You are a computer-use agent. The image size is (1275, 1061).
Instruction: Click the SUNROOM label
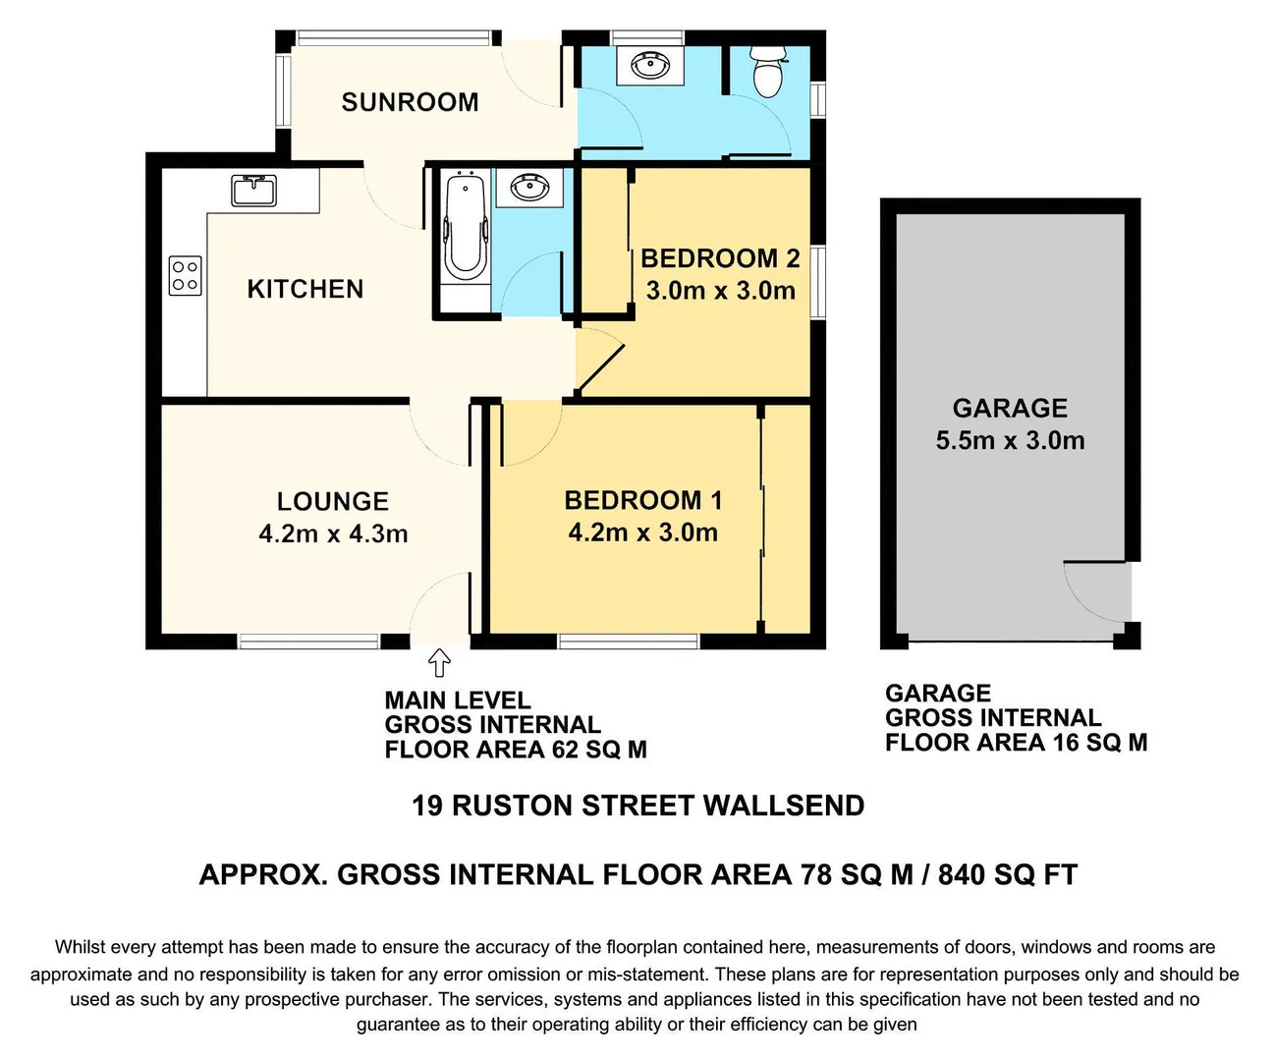tap(410, 102)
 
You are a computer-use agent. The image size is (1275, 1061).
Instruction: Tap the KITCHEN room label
tap(305, 289)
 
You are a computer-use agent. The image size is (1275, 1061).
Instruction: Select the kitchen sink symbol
tap(254, 189)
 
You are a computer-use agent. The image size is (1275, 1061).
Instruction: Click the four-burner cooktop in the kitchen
tap(186, 275)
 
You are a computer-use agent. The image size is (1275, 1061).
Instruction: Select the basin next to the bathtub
tap(529, 187)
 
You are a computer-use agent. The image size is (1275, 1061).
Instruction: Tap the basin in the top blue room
tap(649, 66)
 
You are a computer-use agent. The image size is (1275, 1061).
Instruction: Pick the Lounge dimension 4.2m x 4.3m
tap(333, 534)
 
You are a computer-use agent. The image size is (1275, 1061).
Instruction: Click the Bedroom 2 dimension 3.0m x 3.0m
tap(720, 291)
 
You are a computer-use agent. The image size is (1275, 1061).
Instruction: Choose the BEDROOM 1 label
tap(642, 500)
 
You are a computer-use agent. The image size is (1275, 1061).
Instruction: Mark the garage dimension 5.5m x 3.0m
tap(1010, 440)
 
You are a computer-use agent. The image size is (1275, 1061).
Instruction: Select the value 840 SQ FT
tap(1007, 874)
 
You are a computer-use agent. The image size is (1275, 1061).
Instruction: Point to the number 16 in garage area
tap(1066, 743)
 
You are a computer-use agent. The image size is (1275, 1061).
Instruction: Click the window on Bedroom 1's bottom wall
tap(629, 642)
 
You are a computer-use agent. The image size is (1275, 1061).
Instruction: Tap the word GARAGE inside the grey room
tap(1010, 408)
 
